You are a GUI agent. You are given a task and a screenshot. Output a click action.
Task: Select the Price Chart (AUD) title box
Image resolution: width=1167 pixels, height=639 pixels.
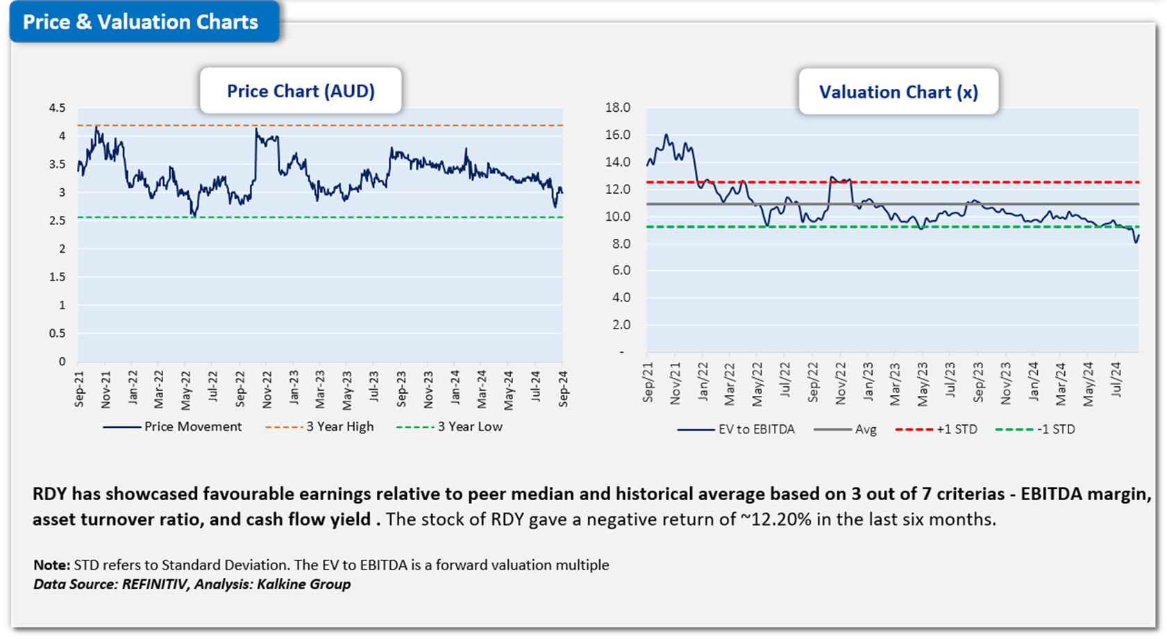click(x=301, y=91)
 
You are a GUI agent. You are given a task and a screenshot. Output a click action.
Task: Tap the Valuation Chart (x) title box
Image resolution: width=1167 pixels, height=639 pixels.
click(x=898, y=92)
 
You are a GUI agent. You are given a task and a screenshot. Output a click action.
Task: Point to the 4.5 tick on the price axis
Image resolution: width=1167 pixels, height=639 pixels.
click(x=58, y=108)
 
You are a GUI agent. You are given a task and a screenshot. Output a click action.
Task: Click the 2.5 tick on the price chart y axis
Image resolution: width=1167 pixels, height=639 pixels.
click(x=58, y=221)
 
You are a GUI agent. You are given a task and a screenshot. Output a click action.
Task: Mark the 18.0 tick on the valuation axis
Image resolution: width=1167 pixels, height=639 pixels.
click(x=617, y=108)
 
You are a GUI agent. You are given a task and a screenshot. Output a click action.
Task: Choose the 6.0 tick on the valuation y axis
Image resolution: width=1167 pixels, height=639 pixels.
click(x=617, y=271)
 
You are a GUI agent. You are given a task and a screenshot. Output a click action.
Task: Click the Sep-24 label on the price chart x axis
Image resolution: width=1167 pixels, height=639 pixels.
click(x=564, y=388)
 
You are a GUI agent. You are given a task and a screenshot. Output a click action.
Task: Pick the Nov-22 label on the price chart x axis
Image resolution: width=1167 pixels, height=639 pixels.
click(x=267, y=388)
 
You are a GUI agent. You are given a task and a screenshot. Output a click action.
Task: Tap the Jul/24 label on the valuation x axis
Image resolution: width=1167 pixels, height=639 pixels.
click(x=1116, y=379)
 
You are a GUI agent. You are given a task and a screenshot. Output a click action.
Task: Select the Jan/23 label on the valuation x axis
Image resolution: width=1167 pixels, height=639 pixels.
click(x=868, y=381)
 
